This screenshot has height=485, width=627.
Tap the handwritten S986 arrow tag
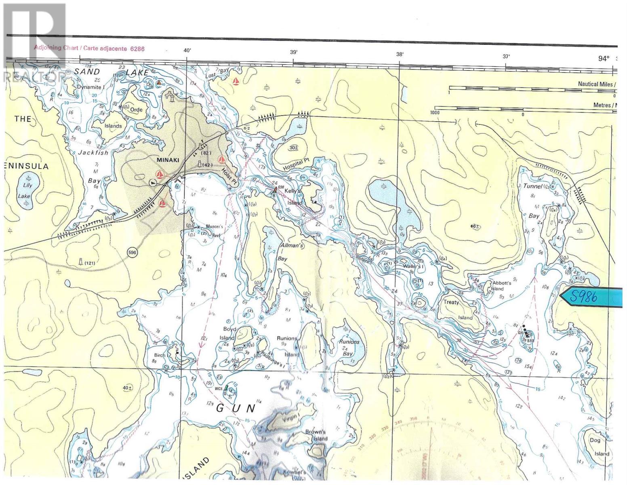pos(591,297)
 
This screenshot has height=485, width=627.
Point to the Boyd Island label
pos(227,333)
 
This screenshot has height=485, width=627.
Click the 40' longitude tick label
pos(187,51)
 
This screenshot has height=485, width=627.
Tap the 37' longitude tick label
pos(506,57)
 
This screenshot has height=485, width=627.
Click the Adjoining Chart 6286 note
pos(89,48)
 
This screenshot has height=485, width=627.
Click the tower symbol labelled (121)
pos(81,262)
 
